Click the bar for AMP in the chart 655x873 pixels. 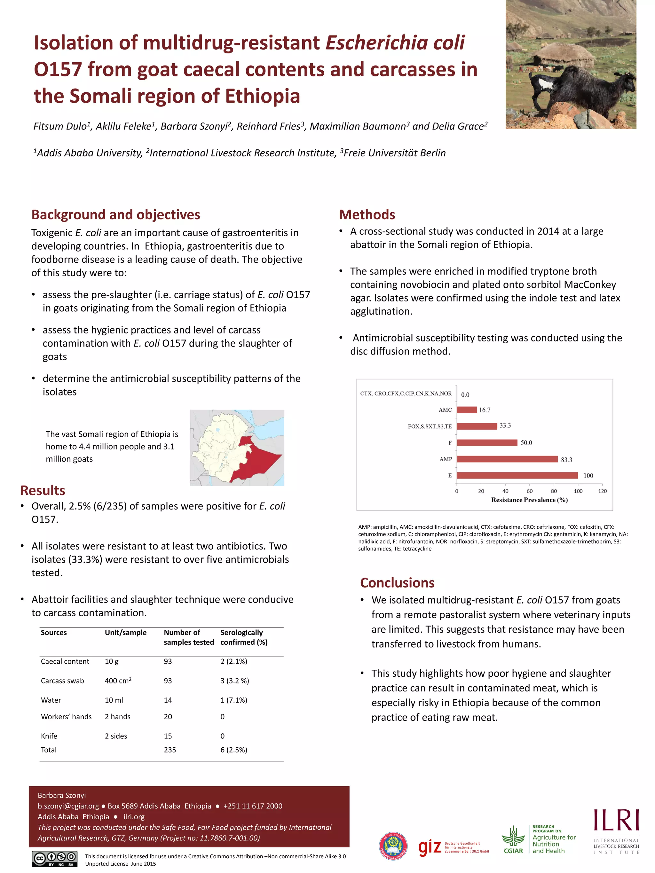click(x=507, y=459)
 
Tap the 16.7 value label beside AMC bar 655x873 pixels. click(x=485, y=410)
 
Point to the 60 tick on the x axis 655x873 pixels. click(x=529, y=491)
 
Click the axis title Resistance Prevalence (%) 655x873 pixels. click(x=529, y=500)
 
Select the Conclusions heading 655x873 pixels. click(x=397, y=582)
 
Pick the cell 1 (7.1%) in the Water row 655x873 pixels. click(x=234, y=700)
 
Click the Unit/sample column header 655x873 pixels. click(x=126, y=633)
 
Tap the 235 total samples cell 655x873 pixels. click(x=170, y=750)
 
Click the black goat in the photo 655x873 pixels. click(x=580, y=89)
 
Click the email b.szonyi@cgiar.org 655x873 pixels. click(x=68, y=806)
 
